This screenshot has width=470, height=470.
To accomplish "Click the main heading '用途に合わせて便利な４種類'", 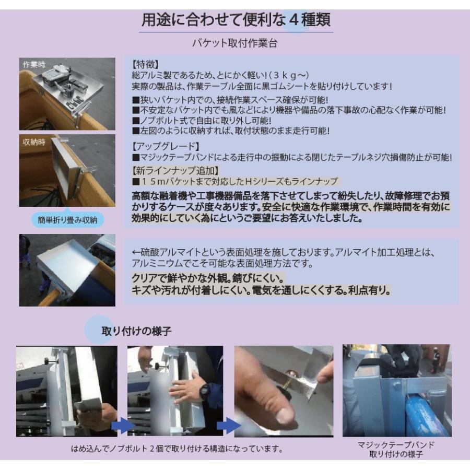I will click(236, 21).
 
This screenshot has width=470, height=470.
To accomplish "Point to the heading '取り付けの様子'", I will click(136, 331).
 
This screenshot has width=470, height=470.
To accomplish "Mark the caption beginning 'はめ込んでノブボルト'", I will click(178, 449).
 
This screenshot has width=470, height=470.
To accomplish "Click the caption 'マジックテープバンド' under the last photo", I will click(396, 445).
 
